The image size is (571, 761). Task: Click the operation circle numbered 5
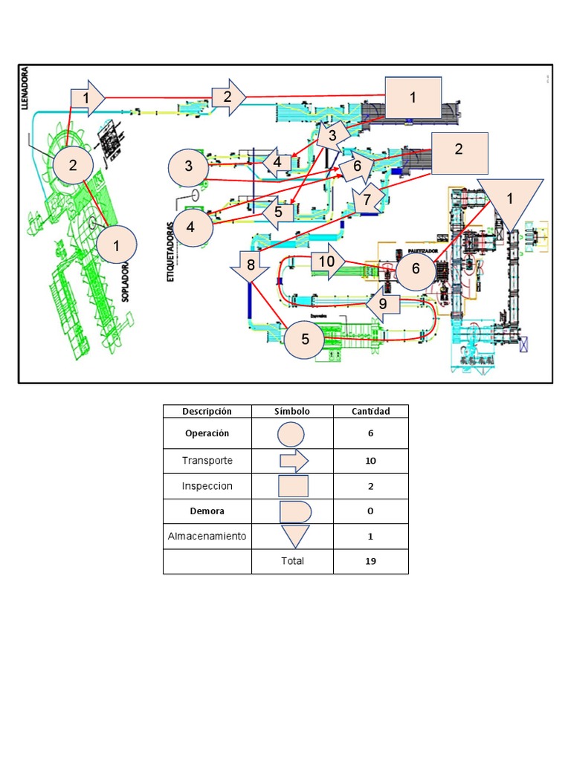click(305, 340)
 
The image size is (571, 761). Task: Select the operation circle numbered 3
click(189, 166)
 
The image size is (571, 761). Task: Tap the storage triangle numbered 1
click(509, 200)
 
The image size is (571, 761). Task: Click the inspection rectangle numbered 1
click(413, 97)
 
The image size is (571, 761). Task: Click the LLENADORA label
click(26, 90)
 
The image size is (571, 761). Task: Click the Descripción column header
click(207, 411)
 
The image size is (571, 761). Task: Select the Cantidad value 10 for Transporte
click(370, 461)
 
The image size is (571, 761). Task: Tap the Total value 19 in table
click(370, 561)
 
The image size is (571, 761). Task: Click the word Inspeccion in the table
click(207, 486)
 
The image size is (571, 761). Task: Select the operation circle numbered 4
click(191, 227)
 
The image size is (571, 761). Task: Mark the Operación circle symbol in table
click(291, 434)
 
